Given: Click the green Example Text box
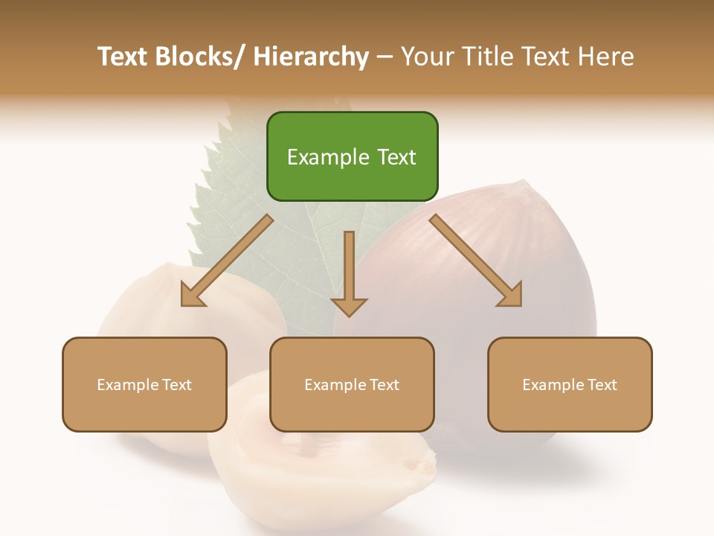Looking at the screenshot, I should pos(352,156).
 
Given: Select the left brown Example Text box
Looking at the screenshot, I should pos(144,384).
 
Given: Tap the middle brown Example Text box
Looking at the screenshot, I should pos(352,384).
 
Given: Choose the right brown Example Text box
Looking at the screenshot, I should pos(570,384).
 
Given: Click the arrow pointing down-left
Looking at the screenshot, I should pos(227,261).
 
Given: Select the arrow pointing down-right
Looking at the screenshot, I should pos(476,261).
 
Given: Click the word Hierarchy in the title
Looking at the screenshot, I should pos(311,57).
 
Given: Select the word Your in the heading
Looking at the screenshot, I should pos(426,57).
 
